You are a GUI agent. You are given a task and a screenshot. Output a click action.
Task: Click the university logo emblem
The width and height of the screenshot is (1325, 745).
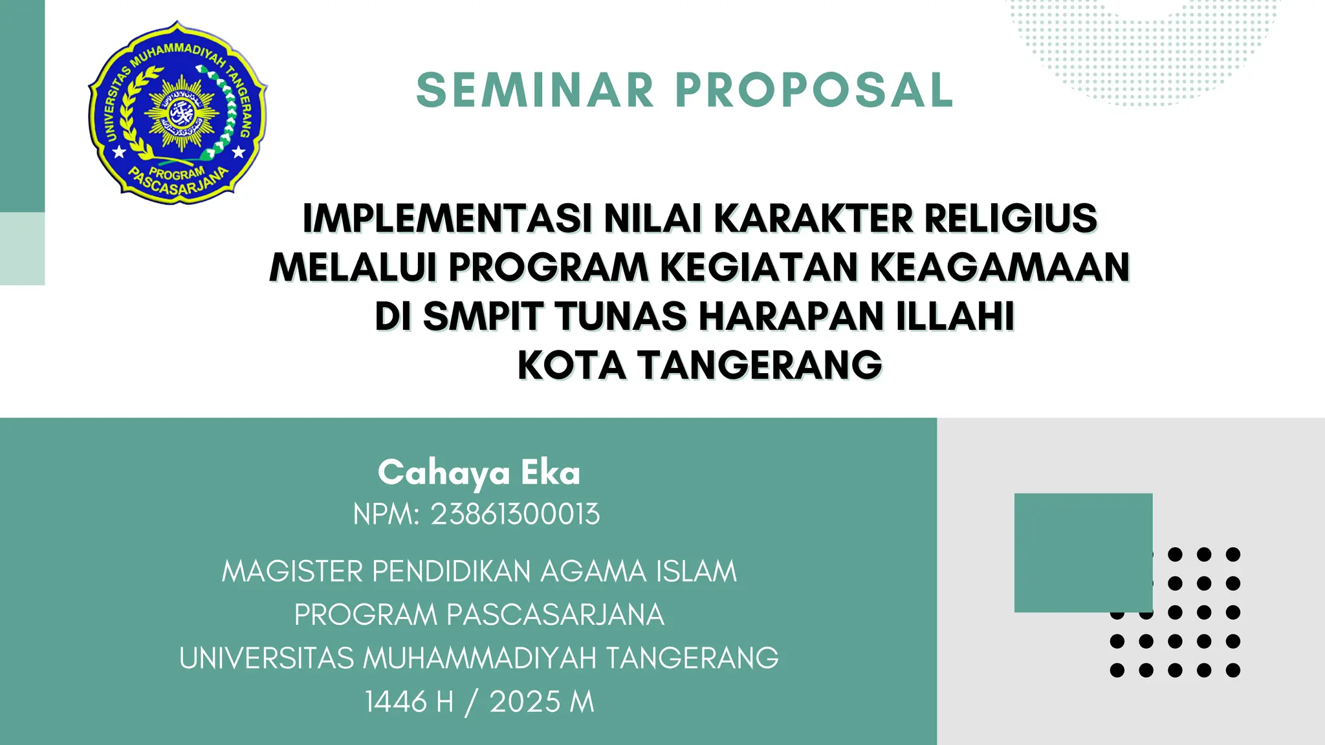point(177,113)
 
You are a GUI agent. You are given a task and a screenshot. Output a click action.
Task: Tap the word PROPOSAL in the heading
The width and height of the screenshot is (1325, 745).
point(815,90)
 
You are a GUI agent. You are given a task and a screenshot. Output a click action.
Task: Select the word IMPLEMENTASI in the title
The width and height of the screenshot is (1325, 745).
point(447,219)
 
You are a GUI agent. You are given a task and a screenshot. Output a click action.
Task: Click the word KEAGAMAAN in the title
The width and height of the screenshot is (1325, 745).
point(1000,267)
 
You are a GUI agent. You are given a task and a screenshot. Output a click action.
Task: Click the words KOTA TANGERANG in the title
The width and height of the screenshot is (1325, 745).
point(700,365)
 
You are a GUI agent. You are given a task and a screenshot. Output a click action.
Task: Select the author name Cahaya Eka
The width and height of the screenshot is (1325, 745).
point(479,473)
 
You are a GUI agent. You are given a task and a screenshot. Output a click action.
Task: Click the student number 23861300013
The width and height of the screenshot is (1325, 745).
point(515,515)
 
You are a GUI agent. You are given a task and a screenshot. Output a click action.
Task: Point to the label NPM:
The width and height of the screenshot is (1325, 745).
point(386,515)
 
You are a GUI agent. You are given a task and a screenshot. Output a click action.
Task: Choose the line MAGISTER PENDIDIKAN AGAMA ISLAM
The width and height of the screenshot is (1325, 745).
point(479,572)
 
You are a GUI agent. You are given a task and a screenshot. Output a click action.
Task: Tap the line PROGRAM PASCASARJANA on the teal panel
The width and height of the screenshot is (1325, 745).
point(479,615)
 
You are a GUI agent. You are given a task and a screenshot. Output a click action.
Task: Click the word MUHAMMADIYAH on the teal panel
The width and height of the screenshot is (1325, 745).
point(479,658)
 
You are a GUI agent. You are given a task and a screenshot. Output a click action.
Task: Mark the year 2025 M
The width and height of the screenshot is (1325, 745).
point(542,702)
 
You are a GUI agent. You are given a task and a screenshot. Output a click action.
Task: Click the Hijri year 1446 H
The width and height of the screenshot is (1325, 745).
point(409,702)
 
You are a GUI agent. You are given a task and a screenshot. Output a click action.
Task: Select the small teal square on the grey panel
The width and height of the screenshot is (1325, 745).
point(1083,552)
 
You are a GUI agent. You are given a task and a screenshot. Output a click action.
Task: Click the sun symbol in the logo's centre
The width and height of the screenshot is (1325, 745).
point(181,113)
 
